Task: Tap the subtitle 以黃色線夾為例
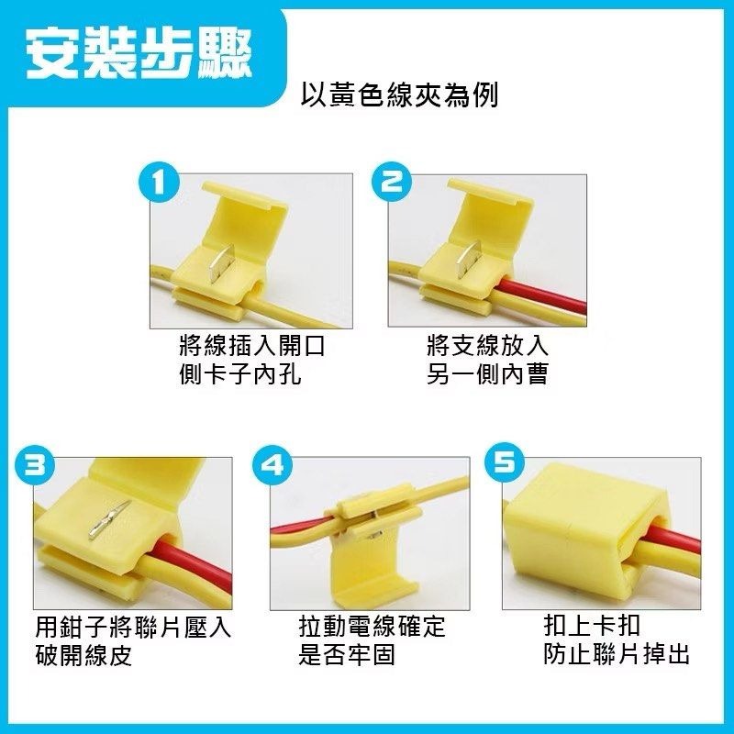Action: click(x=400, y=95)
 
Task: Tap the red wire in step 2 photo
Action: click(x=541, y=298)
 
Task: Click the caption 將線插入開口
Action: click(x=252, y=347)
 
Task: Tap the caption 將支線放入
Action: click(x=487, y=347)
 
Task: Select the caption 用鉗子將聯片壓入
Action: click(x=133, y=628)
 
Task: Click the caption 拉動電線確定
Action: click(x=372, y=628)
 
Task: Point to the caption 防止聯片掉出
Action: click(x=616, y=654)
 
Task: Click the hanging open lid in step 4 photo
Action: click(x=372, y=573)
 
